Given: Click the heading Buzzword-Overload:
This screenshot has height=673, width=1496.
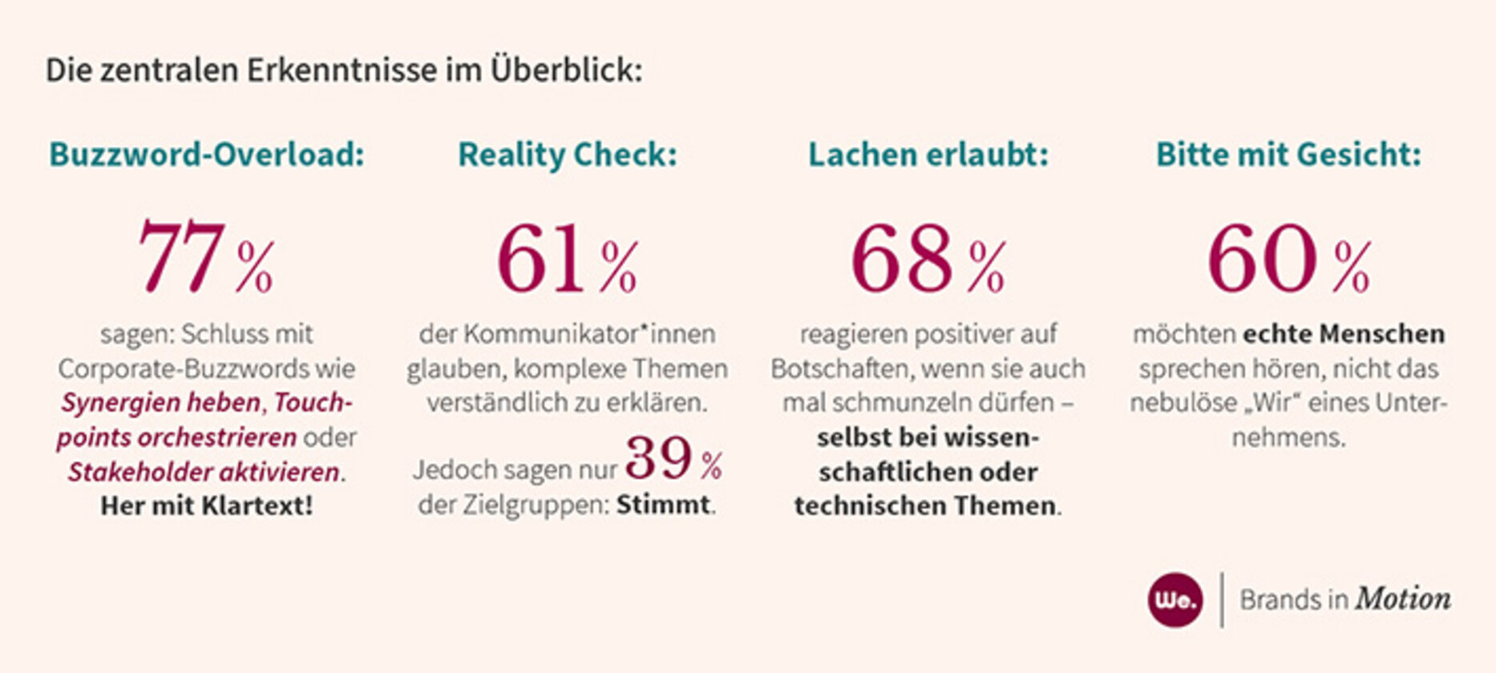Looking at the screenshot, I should point(207,155).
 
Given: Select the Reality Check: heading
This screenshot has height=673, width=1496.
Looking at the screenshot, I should point(567,155).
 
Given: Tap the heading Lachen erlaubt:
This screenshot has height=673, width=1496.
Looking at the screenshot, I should point(928,155).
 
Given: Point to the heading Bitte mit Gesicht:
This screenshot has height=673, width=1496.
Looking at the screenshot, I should point(1288,155).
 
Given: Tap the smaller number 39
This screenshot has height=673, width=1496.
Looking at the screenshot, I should point(658,458).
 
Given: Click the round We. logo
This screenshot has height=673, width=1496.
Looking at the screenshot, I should point(1175,599).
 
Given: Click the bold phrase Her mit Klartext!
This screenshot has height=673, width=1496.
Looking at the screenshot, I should point(207,506).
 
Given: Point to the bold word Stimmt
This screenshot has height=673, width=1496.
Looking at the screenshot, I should point(663,506).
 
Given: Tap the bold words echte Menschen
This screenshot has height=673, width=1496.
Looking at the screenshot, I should point(1344,334).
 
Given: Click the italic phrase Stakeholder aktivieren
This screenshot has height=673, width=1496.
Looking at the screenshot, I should point(204,472).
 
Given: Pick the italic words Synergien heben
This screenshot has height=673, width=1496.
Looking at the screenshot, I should point(161,402).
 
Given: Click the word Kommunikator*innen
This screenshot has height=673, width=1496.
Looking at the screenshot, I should point(589,334).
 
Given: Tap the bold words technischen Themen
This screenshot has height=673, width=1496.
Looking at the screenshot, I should point(925,506).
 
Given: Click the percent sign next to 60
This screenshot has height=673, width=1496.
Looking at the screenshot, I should point(1352,268).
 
